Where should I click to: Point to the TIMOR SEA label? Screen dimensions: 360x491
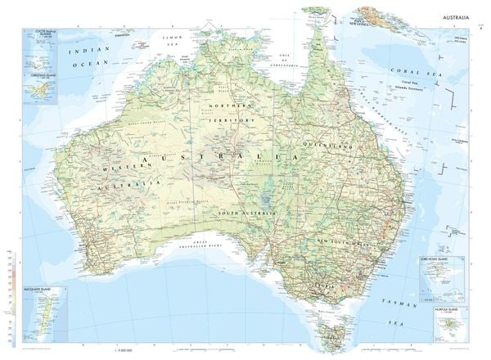(178, 38)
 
